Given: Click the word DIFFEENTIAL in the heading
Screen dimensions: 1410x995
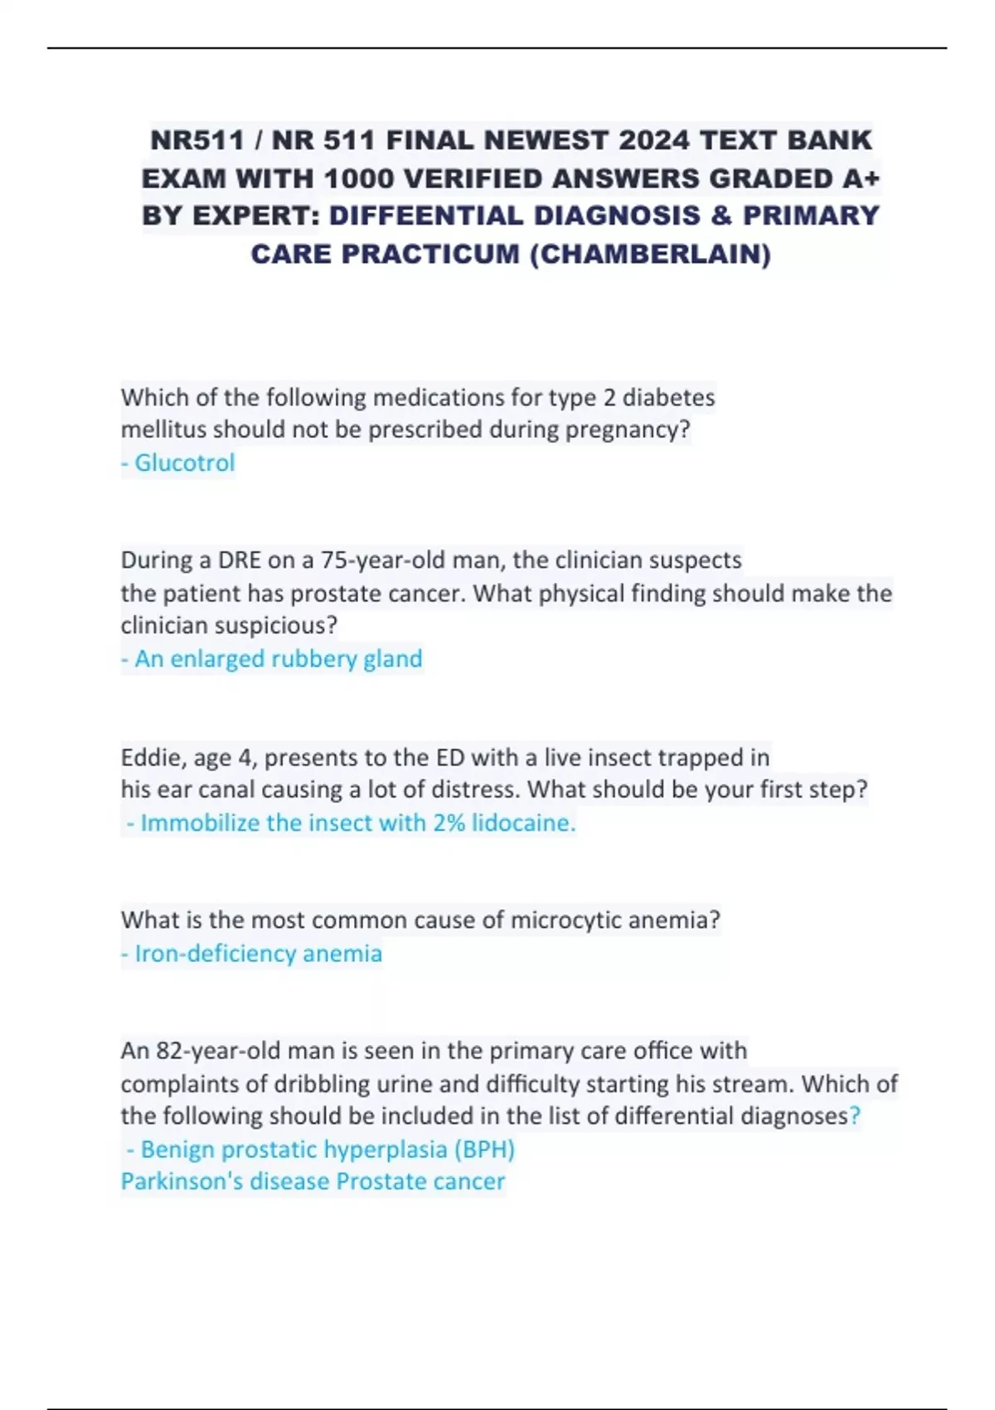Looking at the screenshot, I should [426, 216].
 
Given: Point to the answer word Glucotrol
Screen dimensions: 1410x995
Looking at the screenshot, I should [184, 463].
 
